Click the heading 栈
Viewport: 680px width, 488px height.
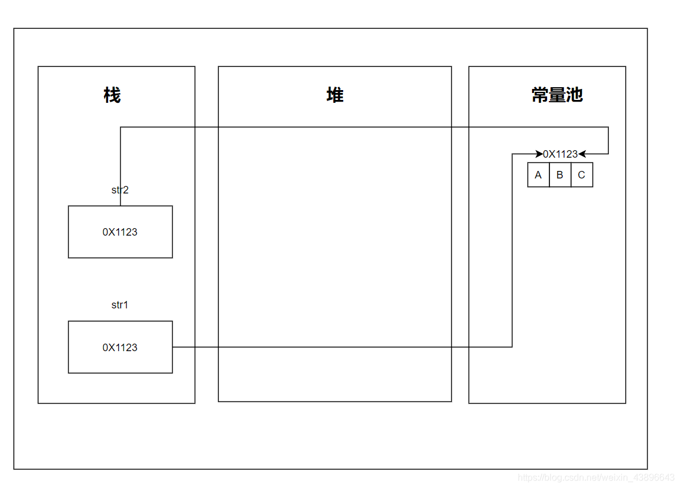[112, 95]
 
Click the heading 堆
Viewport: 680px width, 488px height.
[335, 95]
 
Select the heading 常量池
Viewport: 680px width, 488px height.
[557, 95]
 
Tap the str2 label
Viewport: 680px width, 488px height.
[120, 189]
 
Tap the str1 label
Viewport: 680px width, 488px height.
[120, 305]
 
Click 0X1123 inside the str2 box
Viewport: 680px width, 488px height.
[120, 232]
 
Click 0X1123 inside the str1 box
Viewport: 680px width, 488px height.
[120, 347]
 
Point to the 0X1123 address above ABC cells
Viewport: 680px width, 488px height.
[560, 154]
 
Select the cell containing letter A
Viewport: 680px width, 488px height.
[538, 175]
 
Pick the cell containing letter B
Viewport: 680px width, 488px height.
[560, 175]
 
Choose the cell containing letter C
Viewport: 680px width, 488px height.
[581, 175]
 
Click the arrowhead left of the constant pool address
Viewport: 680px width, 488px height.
[539, 154]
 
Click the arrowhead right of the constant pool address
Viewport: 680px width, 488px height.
[582, 154]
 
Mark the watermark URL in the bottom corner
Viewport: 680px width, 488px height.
[596, 478]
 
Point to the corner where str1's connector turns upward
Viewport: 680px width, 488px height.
[512, 347]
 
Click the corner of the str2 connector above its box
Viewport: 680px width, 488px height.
[120, 127]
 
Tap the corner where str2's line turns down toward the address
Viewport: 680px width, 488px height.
[608, 127]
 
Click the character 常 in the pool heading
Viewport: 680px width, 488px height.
[540, 95]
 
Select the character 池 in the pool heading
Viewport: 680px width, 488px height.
[574, 95]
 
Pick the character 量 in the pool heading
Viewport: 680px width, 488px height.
[557, 95]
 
